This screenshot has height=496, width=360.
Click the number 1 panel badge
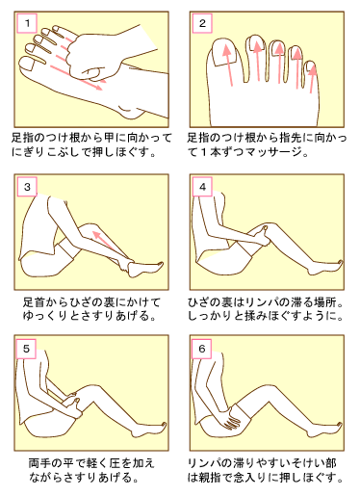coord(27,23)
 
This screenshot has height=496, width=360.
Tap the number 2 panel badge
coord(202,23)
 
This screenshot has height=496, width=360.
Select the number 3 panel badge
coord(27,187)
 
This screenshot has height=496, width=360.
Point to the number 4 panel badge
coord(202,187)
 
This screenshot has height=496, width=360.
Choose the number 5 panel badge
coord(27,349)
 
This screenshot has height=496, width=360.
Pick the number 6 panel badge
coord(202,349)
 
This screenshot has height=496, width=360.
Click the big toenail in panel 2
coord(225,53)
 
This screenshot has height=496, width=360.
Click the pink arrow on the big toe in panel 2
coord(228,65)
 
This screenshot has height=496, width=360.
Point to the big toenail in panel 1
coord(27,65)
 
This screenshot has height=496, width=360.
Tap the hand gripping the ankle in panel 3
coord(124,263)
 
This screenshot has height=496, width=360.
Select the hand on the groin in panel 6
coord(232,419)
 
